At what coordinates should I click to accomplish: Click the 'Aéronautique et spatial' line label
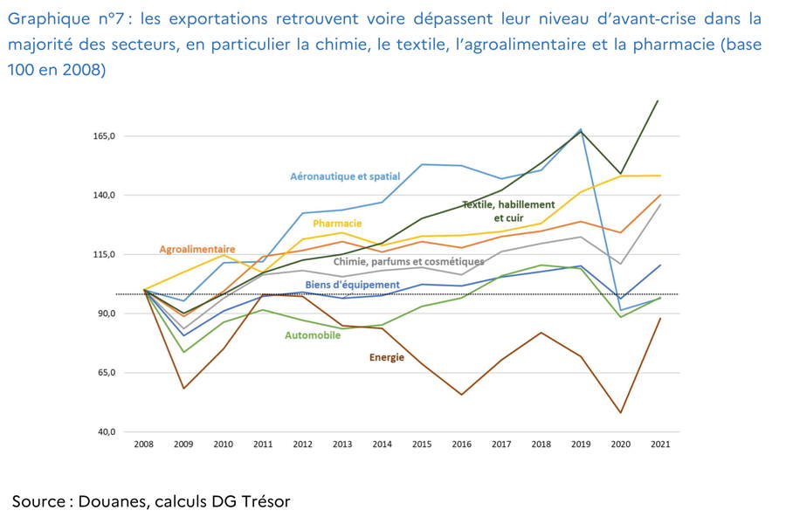(345, 176)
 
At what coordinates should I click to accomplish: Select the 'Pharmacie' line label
(337, 224)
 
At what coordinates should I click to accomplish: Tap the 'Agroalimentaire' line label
(197, 249)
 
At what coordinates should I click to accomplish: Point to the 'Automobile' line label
(313, 335)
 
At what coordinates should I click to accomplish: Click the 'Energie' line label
(387, 357)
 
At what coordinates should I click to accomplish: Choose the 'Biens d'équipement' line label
(352, 285)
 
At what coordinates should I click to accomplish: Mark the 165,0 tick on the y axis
(105, 136)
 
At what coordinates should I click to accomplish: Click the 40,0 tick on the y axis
(105, 432)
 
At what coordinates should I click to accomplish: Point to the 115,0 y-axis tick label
(105, 254)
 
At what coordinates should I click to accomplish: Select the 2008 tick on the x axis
(143, 445)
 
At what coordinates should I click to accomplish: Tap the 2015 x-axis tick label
(422, 445)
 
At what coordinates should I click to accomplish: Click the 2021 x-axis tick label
(660, 445)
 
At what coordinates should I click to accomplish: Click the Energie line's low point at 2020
(621, 413)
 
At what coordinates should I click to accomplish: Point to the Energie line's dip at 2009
(183, 388)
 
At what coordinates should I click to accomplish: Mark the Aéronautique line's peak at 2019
(581, 129)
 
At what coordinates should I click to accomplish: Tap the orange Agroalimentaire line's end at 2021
(660, 195)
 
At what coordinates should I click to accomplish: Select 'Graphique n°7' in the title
(66, 17)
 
